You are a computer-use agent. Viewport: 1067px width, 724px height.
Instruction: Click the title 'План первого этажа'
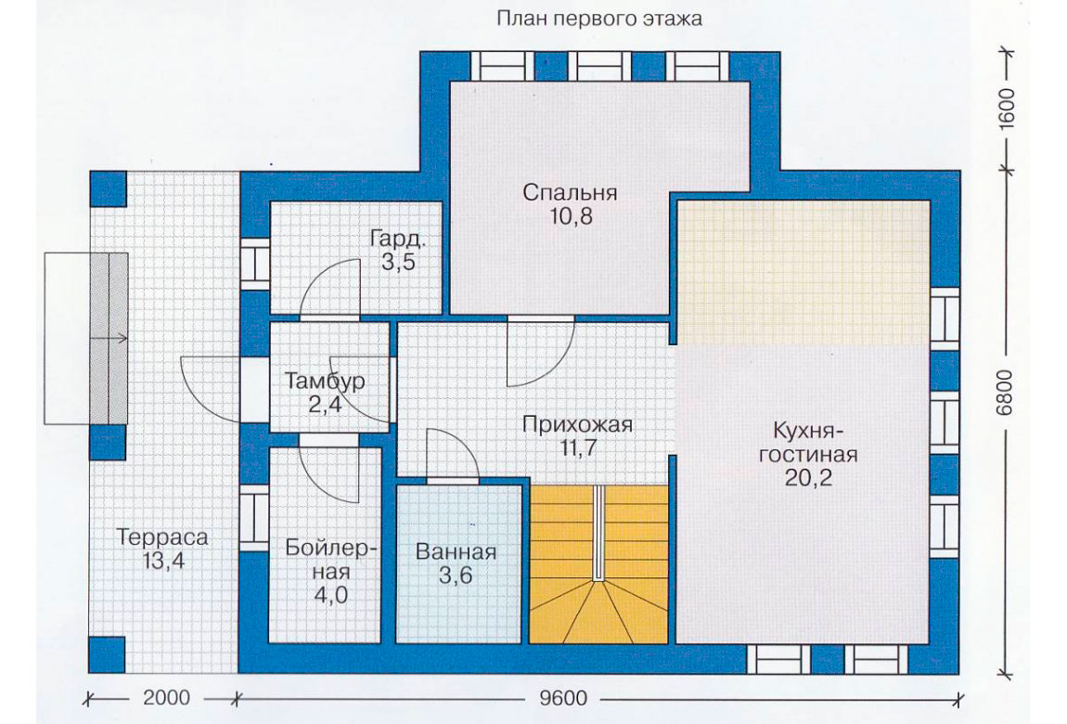pos(598,19)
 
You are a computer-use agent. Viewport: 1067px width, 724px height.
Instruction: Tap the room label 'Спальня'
pos(571,192)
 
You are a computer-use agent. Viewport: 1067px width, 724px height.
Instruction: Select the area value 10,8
pos(570,216)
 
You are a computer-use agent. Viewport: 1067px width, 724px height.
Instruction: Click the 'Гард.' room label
pos(398,239)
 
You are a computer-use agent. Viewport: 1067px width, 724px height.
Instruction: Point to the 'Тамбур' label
pos(325,381)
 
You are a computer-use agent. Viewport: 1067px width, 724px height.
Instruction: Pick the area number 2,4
pos(325,405)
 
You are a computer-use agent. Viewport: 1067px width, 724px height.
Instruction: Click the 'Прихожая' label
pos(577,424)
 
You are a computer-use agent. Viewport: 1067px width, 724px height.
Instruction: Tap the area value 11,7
pos(577,449)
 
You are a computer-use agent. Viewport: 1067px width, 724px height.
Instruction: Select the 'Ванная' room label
pos(456,551)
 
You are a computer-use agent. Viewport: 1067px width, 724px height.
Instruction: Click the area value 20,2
pos(808,478)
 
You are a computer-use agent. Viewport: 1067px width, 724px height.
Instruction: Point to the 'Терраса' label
pos(162,537)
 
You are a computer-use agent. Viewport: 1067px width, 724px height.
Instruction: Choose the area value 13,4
pos(163,562)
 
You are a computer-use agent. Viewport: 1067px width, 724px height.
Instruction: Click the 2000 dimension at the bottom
pos(167,698)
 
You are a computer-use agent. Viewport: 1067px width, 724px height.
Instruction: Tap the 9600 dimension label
pos(563,698)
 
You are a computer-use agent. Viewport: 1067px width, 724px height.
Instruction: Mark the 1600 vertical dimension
pos(1004,108)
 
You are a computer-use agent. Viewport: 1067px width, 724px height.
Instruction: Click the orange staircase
pos(598,564)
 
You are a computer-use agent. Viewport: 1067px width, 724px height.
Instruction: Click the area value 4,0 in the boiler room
pos(330,595)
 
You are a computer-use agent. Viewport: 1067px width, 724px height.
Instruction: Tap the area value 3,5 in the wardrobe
pos(398,263)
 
